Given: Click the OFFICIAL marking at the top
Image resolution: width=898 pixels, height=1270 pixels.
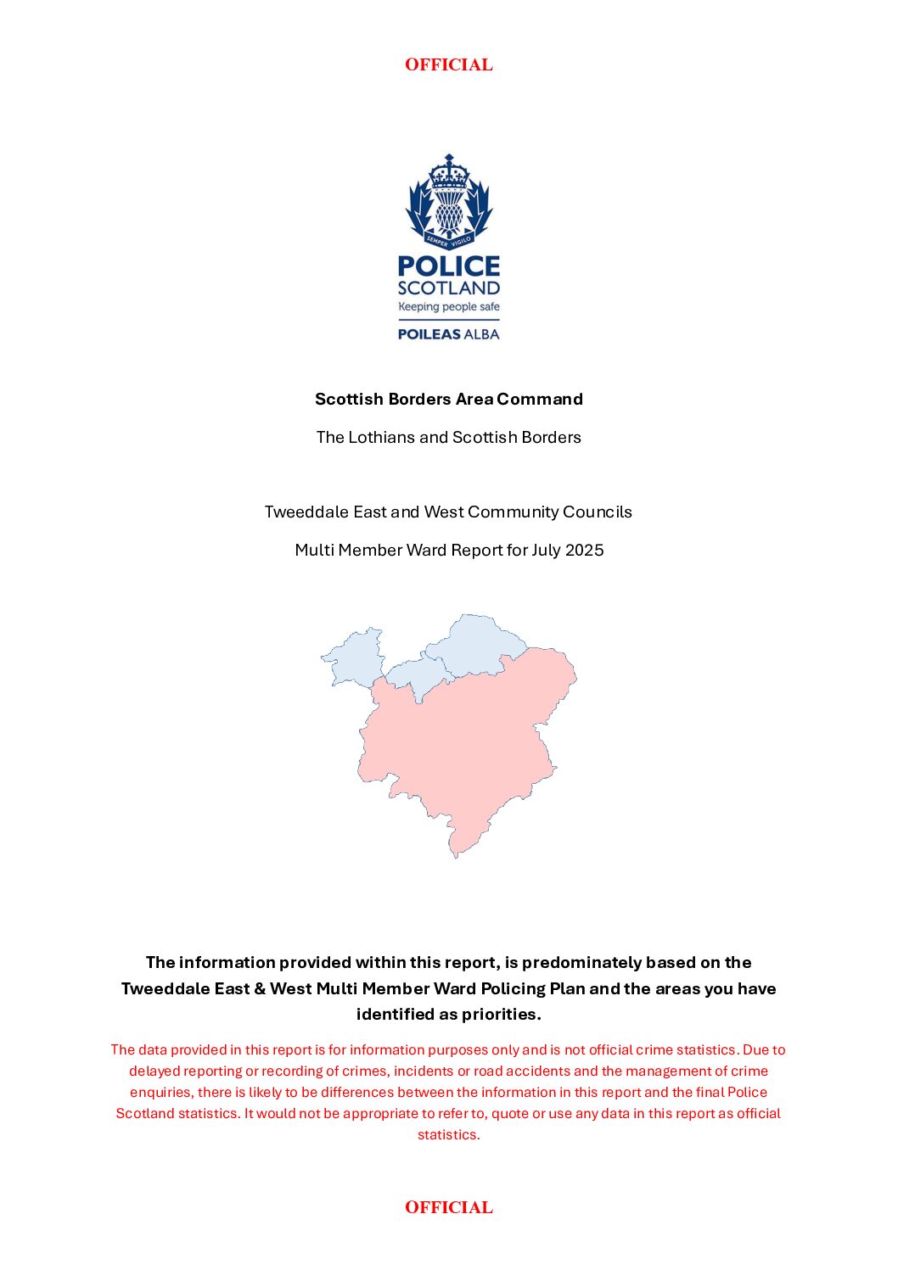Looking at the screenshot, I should pyautogui.click(x=448, y=64).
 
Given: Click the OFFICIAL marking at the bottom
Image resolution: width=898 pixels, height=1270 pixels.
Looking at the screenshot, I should pyautogui.click(x=448, y=1207).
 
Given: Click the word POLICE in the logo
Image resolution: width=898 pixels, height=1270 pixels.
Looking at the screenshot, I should pyautogui.click(x=449, y=266).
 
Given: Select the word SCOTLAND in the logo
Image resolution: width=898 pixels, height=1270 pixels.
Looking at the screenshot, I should pyautogui.click(x=449, y=288).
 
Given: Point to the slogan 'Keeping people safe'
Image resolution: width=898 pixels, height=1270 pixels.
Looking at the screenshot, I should pyautogui.click(x=449, y=307).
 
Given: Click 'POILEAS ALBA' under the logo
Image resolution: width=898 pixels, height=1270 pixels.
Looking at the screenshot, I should pyautogui.click(x=449, y=334).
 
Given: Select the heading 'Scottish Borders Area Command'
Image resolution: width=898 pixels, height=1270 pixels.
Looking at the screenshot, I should pyautogui.click(x=448, y=399).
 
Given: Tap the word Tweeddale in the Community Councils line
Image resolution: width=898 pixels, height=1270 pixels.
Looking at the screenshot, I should pyautogui.click(x=301, y=512).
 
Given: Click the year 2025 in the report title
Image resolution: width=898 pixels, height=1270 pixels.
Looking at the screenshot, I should pyautogui.click(x=584, y=551).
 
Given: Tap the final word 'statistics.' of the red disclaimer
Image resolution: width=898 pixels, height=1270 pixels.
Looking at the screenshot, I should pyautogui.click(x=448, y=1135).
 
